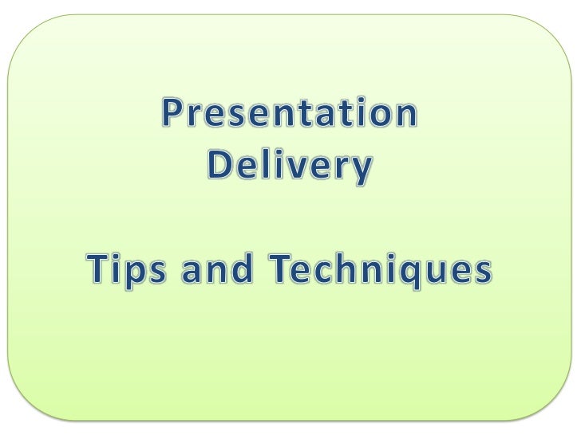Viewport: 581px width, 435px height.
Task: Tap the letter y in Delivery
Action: pos(362,170)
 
